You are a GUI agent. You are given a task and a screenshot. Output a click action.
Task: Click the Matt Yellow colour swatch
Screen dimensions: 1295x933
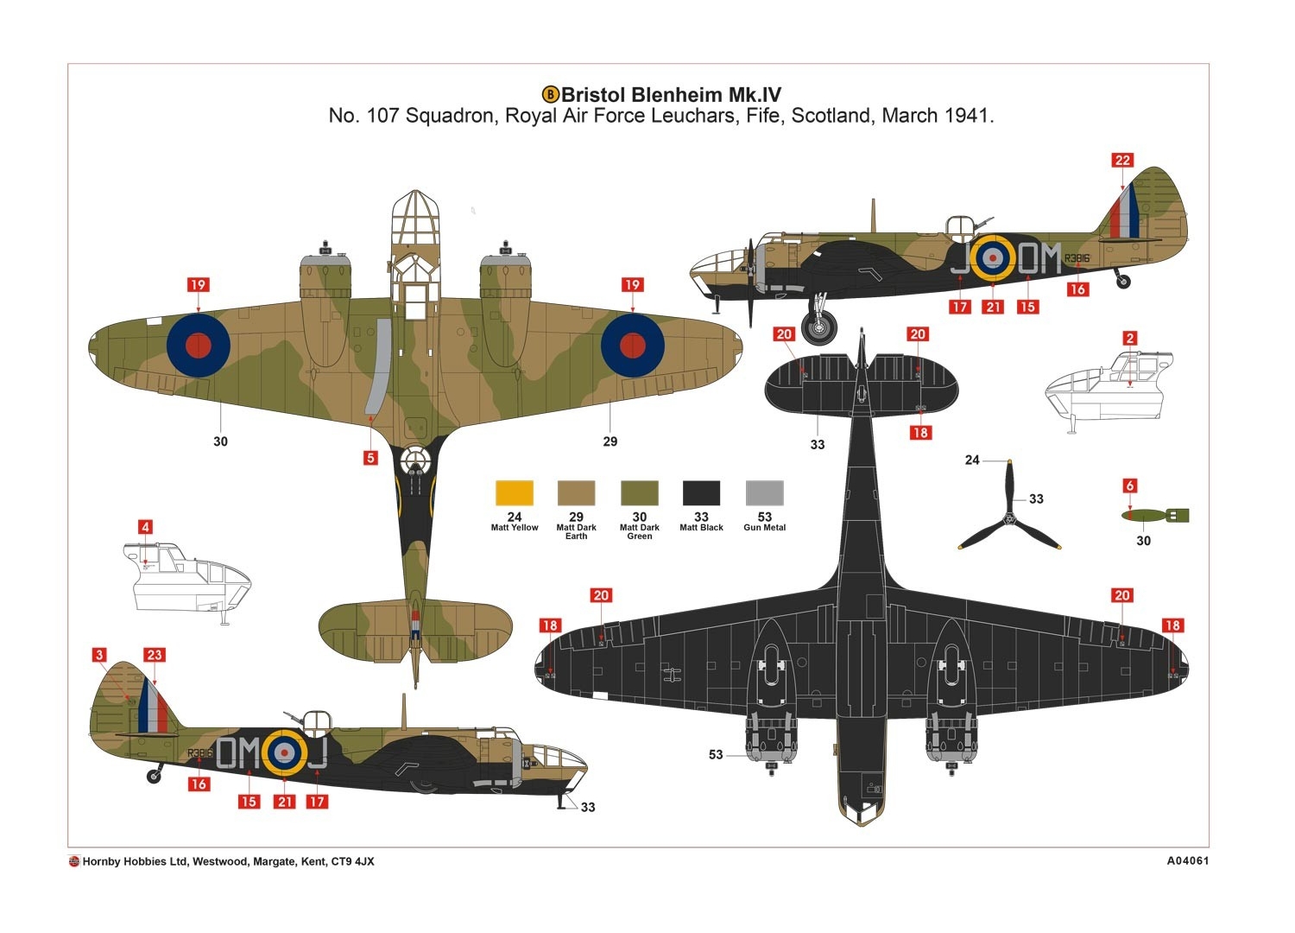pyautogui.click(x=514, y=492)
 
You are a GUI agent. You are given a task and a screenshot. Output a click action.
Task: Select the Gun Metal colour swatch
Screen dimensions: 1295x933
pyautogui.click(x=764, y=492)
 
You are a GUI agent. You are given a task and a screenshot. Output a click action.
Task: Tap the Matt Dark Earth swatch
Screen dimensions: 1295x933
pyautogui.click(x=576, y=492)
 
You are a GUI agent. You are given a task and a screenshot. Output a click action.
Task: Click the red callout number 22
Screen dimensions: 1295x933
pyautogui.click(x=1122, y=160)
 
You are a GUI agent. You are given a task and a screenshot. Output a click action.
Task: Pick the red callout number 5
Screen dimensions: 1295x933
pyautogui.click(x=370, y=458)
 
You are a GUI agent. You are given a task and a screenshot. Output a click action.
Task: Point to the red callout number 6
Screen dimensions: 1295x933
pyautogui.click(x=1129, y=486)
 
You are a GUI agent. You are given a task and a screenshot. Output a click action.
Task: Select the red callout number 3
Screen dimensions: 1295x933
pyautogui.click(x=99, y=654)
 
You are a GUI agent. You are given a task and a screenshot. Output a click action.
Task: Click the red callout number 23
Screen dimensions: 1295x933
pyautogui.click(x=155, y=654)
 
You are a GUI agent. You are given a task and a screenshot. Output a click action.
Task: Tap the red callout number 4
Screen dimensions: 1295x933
pyautogui.click(x=145, y=527)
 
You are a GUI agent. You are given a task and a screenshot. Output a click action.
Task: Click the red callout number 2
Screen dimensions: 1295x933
pyautogui.click(x=1129, y=338)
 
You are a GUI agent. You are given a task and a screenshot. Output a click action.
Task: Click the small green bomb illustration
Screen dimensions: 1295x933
pyautogui.click(x=1155, y=515)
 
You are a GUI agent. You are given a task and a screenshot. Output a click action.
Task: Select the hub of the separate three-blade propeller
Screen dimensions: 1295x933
pyautogui.click(x=1009, y=518)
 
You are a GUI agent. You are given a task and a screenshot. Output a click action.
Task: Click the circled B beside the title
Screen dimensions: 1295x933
pyautogui.click(x=551, y=94)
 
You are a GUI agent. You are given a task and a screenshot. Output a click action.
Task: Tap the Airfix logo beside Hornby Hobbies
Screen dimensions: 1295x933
pyautogui.click(x=74, y=861)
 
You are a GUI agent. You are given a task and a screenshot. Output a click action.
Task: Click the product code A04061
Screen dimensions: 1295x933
pyautogui.click(x=1187, y=860)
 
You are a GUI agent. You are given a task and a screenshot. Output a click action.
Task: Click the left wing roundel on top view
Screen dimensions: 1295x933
pyautogui.click(x=199, y=346)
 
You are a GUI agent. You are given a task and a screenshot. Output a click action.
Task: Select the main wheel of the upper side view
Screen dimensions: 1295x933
pyautogui.click(x=818, y=328)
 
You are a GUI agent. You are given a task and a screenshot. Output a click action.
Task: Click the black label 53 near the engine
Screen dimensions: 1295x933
pyautogui.click(x=716, y=754)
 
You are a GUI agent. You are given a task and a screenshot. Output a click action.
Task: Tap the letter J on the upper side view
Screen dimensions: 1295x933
pyautogui.click(x=960, y=257)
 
